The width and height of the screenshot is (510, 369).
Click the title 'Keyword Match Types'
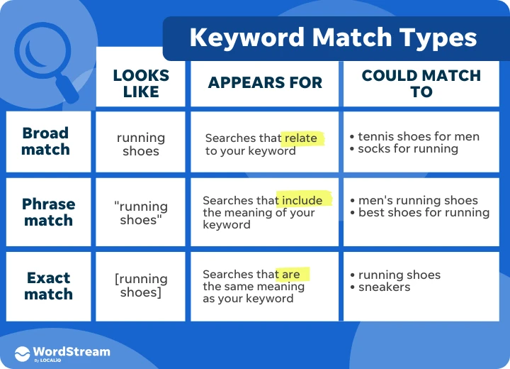pos(333,38)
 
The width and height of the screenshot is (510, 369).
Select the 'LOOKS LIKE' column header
pos(141,83)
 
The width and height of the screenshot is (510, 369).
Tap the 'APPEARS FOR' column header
pos(265,83)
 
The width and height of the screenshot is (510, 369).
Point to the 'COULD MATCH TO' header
pos(421,83)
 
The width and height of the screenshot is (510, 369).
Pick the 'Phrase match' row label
pos(48,212)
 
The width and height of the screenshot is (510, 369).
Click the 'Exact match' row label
pos(48,285)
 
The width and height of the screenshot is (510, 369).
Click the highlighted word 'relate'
pos(300,138)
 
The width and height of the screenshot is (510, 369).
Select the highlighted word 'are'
pos(290,274)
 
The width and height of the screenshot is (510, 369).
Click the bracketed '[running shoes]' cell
pos(141,285)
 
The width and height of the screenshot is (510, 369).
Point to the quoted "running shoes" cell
pos(141,213)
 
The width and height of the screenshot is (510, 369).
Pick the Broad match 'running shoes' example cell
pos(141,144)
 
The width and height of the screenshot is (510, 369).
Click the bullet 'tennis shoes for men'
pos(418,136)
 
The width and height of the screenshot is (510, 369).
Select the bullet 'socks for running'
pos(407,149)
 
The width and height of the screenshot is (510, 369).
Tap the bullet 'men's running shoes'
pos(418,200)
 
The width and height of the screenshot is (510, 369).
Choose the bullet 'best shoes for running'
pos(424,212)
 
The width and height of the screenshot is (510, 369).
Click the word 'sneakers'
pos(384,287)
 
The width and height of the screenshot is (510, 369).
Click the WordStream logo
pos(62,353)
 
